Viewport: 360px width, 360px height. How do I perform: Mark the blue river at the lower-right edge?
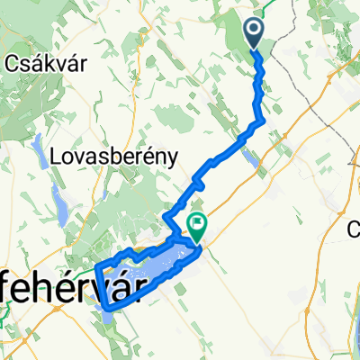(x=355, y=337)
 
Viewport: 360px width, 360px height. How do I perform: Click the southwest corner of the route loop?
(x=105, y=308)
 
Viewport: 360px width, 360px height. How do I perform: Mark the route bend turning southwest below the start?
(x=260, y=121)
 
